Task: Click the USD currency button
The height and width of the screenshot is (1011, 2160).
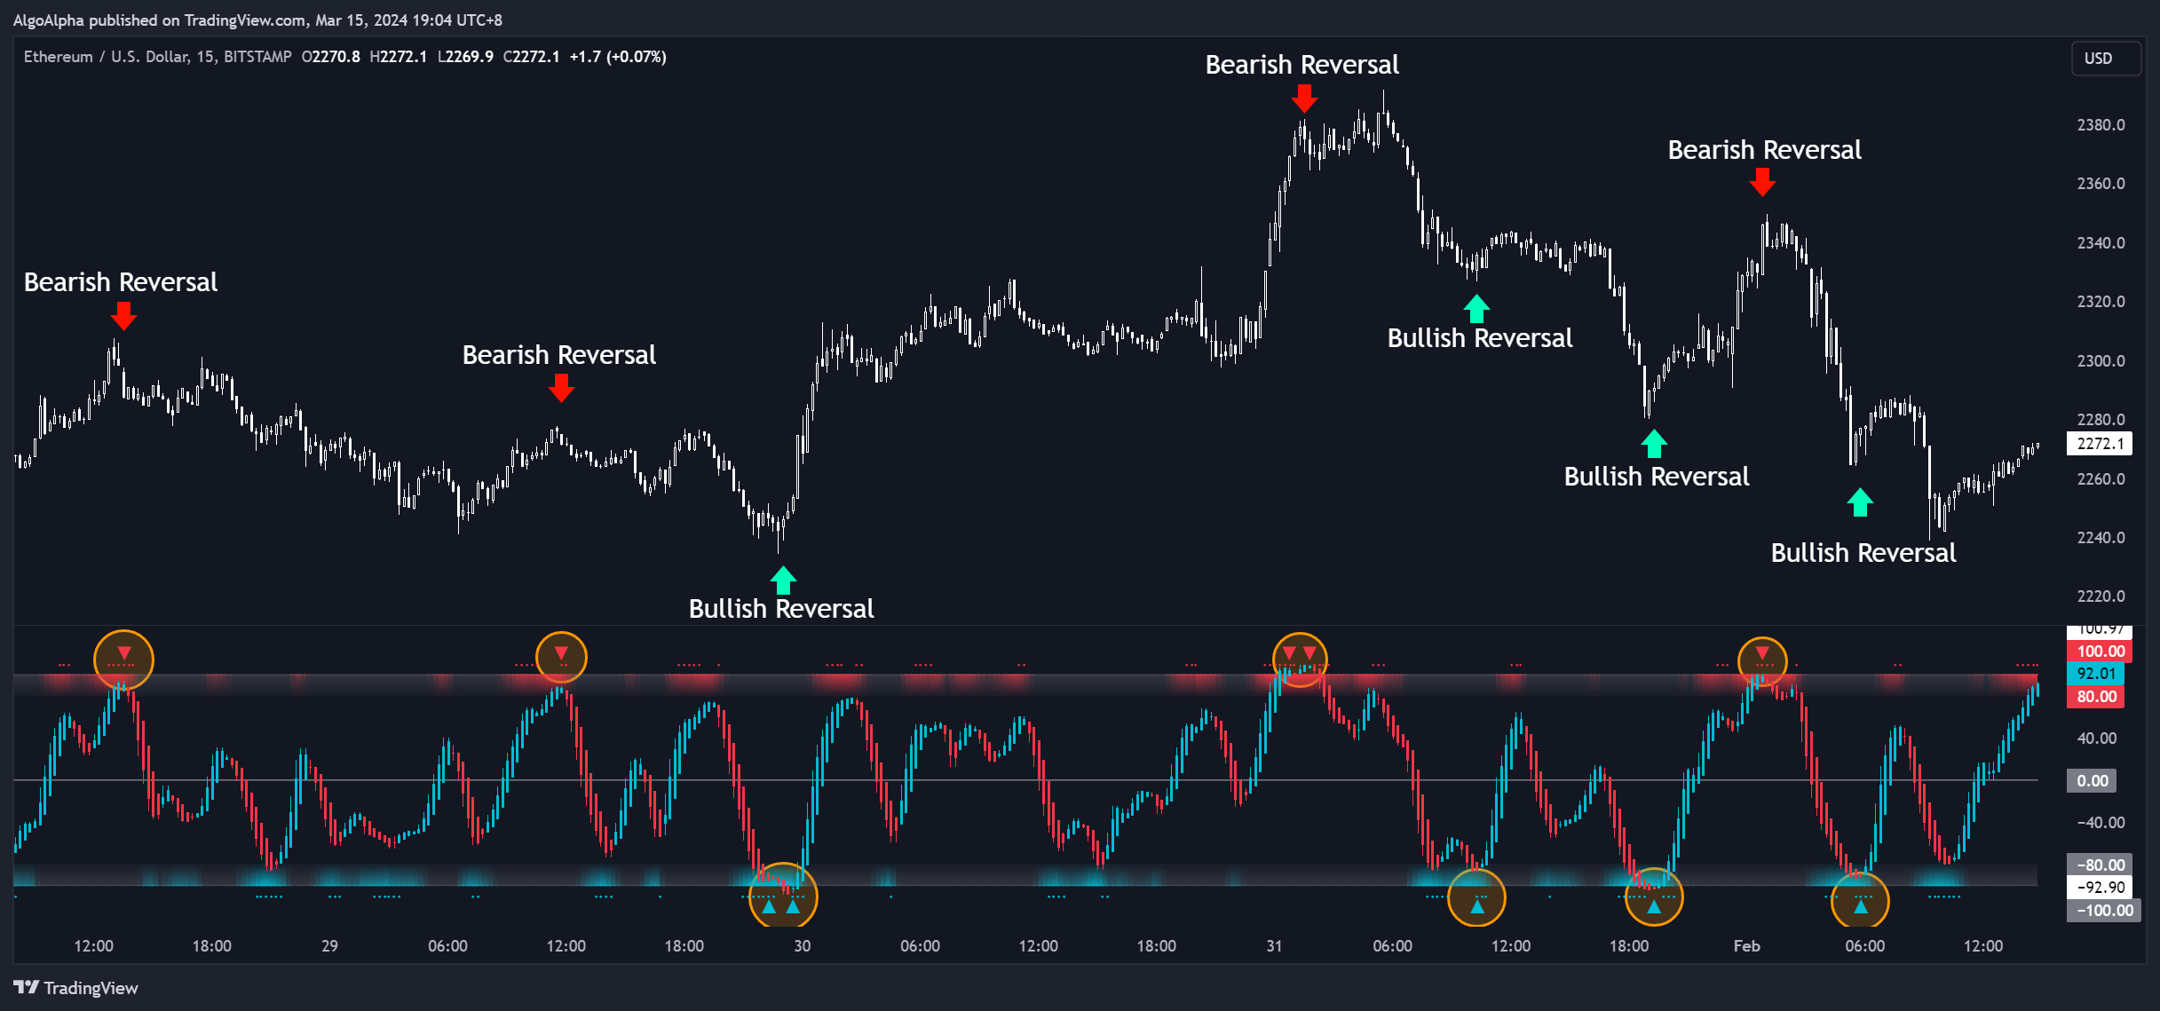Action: (2098, 59)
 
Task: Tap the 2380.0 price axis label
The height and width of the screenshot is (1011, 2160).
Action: (2101, 125)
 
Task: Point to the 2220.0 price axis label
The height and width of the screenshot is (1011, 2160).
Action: (2101, 596)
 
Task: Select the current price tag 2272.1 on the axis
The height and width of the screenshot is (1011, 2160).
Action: (2100, 444)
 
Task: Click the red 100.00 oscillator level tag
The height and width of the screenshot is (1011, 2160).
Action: (2100, 652)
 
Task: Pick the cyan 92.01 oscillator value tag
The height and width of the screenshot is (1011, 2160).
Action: (2096, 674)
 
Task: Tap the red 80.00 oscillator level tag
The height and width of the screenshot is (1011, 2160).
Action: (2096, 697)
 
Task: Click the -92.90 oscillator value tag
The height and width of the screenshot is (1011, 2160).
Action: (2101, 887)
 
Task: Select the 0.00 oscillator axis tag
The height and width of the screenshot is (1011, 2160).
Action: (2092, 781)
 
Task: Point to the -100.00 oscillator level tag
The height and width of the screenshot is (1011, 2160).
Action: (2103, 911)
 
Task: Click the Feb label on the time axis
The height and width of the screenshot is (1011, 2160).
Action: (1746, 946)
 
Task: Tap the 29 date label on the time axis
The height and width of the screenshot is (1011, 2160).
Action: (329, 946)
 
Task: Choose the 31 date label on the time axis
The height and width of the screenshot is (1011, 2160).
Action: (1274, 946)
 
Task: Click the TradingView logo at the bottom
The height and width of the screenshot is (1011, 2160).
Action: (76, 988)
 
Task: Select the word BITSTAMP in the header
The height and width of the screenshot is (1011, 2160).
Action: (257, 57)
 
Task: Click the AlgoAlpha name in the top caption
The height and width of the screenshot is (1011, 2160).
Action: (49, 20)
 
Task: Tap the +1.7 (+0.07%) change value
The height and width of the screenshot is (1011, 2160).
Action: (618, 57)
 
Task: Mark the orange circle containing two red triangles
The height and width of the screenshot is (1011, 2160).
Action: (1300, 660)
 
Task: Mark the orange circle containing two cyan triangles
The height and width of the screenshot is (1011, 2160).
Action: (782, 896)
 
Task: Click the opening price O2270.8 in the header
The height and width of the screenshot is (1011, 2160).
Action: (331, 57)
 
